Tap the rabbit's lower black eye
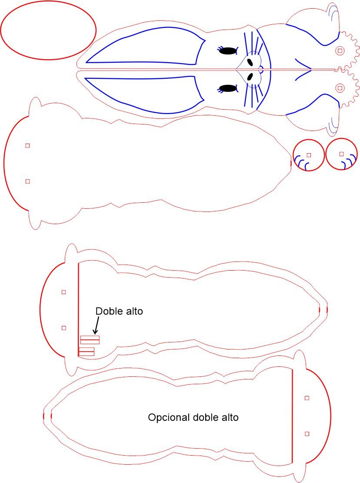(x=228, y=88)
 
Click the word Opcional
(x=169, y=418)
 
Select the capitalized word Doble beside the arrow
(x=107, y=311)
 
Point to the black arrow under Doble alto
(x=97, y=325)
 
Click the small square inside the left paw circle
(x=309, y=155)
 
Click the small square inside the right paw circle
(x=341, y=154)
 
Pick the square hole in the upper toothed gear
(x=340, y=50)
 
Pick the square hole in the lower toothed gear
(x=340, y=88)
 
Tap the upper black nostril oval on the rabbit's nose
(x=250, y=62)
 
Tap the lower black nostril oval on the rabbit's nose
(x=250, y=76)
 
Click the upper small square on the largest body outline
(x=28, y=145)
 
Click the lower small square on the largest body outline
(x=28, y=181)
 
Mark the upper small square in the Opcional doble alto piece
(x=307, y=398)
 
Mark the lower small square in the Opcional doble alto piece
(x=307, y=434)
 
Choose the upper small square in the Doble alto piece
(x=63, y=292)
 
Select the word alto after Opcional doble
(x=230, y=417)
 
